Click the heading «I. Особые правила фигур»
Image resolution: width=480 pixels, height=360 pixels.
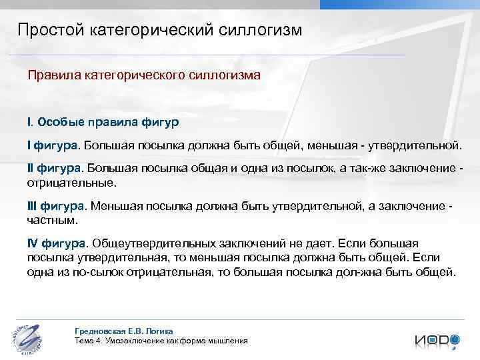pyautogui.click(x=103, y=122)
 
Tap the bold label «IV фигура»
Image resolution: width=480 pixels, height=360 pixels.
pyautogui.click(x=57, y=243)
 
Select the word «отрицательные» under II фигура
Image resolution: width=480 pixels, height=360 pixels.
pyautogui.click(x=71, y=181)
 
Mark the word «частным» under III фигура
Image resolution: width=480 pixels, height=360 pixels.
pyautogui.click(x=52, y=219)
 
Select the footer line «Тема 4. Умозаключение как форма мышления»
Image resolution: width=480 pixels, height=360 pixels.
pyautogui.click(x=161, y=341)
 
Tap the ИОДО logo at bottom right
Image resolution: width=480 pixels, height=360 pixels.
pyautogui.click(x=437, y=339)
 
